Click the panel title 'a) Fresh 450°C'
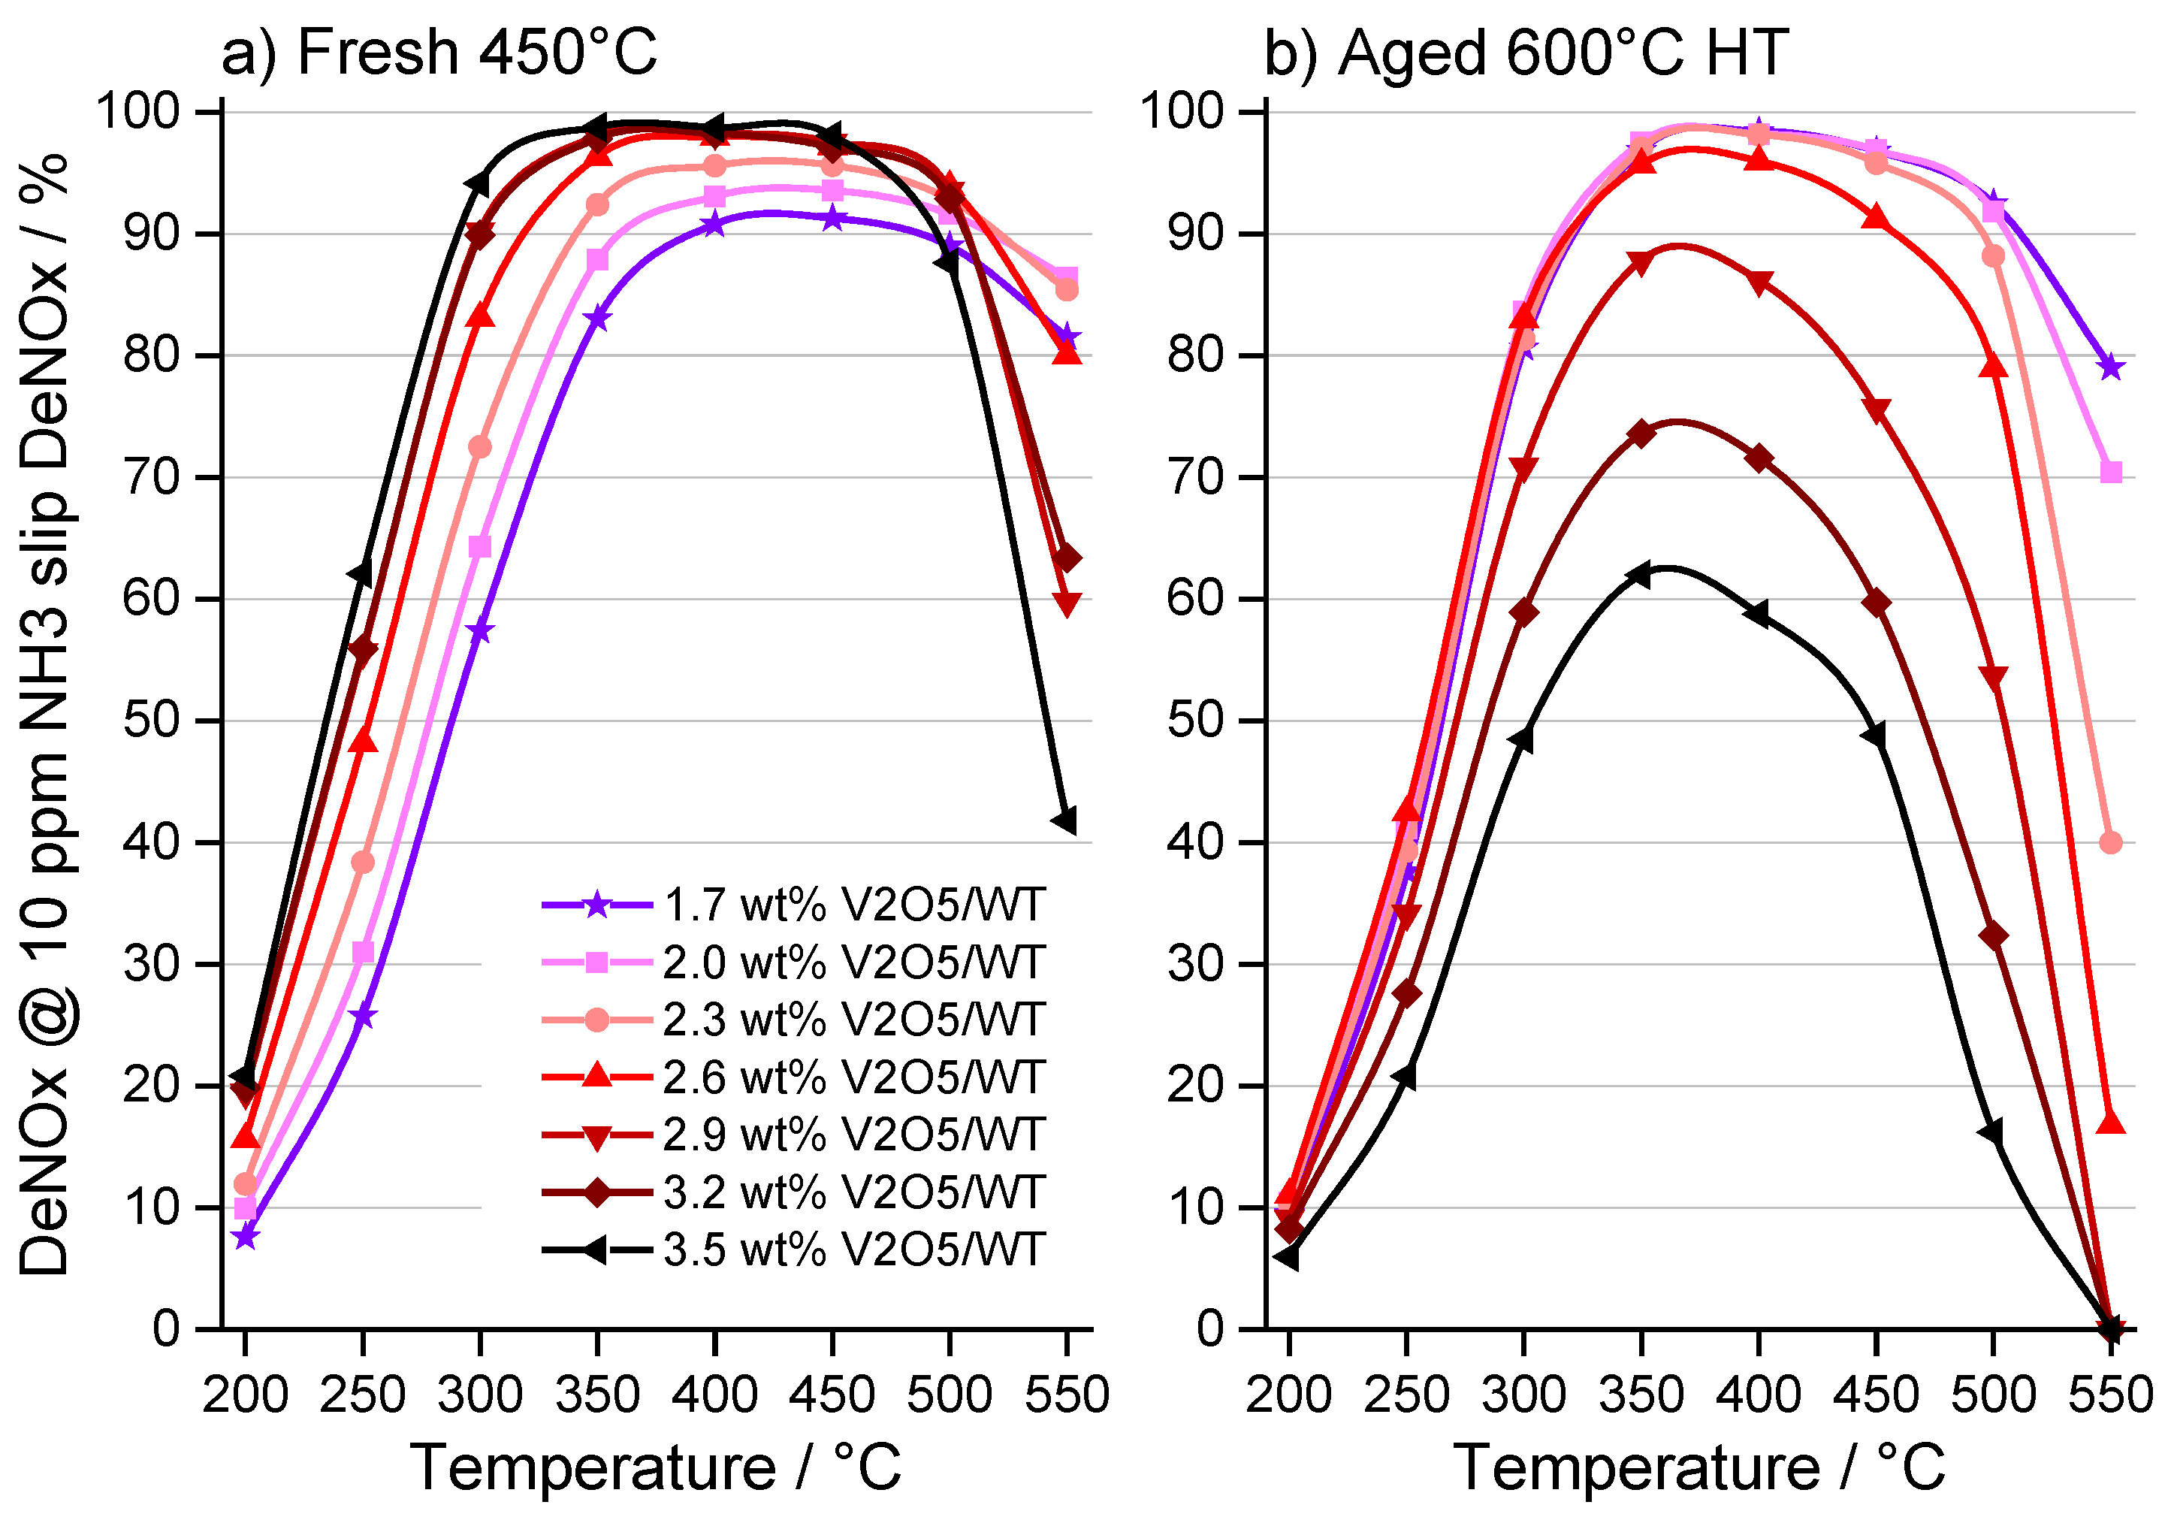[439, 52]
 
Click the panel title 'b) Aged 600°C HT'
[1526, 52]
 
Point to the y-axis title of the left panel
[46, 715]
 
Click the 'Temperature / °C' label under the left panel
[655, 1467]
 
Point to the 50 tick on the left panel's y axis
[152, 721]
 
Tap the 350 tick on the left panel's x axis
[596, 1395]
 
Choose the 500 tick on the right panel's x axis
[1993, 1395]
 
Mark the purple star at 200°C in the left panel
[245, 1237]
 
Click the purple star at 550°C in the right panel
[2111, 367]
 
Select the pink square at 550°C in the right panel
[2111, 472]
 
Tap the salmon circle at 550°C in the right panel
[2111, 843]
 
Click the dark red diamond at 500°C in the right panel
[1993, 936]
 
